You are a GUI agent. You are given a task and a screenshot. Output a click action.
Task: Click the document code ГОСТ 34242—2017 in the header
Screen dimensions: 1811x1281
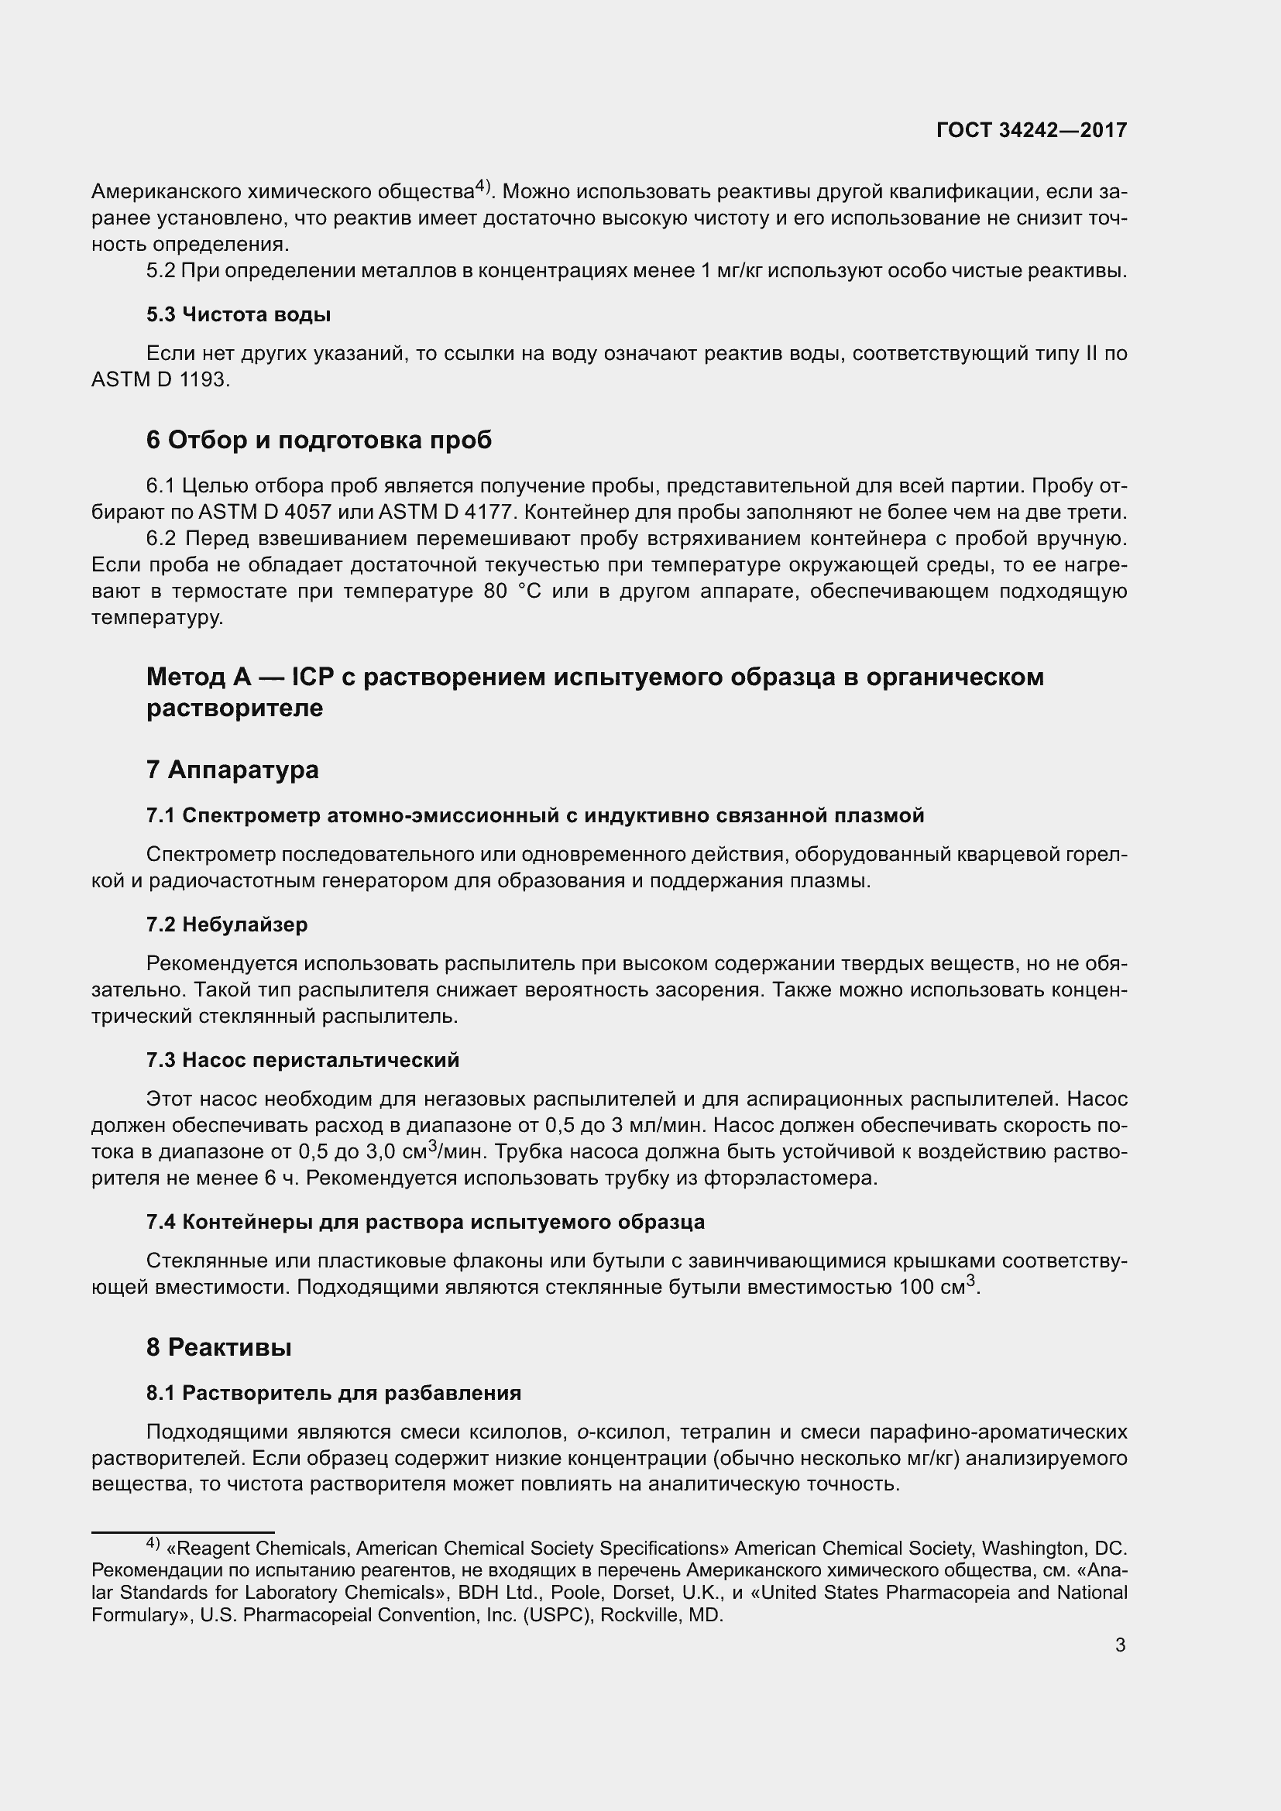click(x=1031, y=130)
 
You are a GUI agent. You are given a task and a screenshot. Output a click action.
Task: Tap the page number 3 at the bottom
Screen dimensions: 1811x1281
click(x=1120, y=1645)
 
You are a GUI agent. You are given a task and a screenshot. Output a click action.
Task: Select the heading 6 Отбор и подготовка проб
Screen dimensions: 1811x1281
click(x=318, y=440)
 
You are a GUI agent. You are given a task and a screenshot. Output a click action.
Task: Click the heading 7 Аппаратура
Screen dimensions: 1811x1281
click(x=232, y=769)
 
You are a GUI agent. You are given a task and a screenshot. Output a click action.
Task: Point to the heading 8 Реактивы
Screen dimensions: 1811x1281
click(x=218, y=1347)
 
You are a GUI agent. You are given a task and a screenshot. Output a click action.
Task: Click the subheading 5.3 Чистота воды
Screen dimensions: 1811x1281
click(x=239, y=314)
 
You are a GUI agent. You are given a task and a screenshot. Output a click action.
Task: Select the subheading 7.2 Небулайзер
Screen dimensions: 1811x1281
click(x=226, y=924)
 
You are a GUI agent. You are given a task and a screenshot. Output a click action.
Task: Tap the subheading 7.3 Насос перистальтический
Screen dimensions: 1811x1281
click(x=302, y=1060)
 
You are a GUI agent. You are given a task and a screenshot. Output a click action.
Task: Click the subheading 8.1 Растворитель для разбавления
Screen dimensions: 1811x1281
click(x=333, y=1393)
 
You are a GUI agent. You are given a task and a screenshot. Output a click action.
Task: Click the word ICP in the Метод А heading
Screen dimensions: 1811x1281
click(x=313, y=677)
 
